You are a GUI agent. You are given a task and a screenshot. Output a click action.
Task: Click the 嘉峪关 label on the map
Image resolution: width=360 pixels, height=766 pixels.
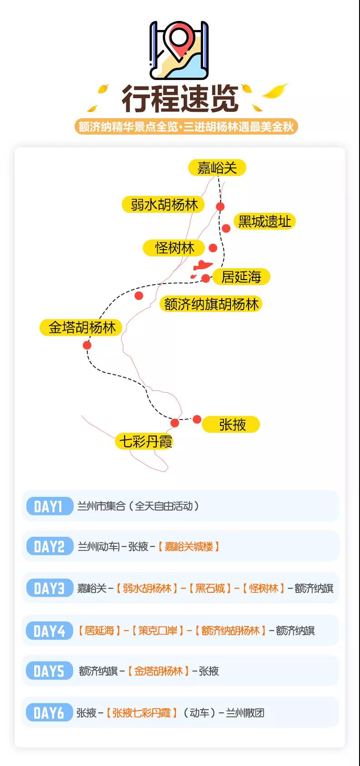click(217, 168)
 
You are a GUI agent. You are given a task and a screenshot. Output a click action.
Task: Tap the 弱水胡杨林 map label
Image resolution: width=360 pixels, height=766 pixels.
click(164, 205)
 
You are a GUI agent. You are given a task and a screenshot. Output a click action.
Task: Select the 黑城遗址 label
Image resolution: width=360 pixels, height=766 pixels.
click(265, 221)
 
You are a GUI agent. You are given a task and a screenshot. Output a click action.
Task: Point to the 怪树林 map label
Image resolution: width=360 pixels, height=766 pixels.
click(174, 248)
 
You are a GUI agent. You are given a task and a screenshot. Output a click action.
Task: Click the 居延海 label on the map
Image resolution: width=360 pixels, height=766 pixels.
click(241, 276)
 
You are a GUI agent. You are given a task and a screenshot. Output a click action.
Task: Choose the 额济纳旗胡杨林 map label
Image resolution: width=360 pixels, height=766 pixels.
click(211, 304)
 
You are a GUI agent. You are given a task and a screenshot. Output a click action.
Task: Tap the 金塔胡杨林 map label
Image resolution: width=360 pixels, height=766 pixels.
click(82, 327)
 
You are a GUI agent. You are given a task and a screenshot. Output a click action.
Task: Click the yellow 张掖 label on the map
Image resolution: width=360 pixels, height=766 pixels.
click(231, 425)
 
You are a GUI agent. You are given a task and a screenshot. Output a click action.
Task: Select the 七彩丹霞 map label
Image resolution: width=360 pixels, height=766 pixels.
click(145, 441)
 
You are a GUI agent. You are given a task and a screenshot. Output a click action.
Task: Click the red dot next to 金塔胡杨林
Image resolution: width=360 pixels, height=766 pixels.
click(87, 345)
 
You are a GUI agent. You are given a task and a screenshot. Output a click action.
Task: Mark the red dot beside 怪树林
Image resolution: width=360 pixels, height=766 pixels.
click(213, 248)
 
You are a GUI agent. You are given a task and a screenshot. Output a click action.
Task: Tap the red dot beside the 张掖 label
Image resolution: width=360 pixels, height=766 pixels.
click(197, 419)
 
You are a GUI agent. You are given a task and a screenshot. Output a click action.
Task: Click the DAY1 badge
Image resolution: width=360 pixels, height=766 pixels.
click(48, 506)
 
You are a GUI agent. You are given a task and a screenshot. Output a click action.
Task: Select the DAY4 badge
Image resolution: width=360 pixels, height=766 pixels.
click(48, 631)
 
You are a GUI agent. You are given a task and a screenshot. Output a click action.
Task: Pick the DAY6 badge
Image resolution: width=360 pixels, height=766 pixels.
click(48, 712)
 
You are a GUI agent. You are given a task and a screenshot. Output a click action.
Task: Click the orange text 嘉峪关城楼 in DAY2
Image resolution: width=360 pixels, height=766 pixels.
click(189, 546)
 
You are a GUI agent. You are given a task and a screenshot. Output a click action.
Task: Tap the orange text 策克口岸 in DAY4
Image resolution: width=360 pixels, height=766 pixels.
click(158, 631)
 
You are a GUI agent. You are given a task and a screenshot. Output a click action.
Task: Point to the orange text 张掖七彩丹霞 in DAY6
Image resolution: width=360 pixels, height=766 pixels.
click(141, 712)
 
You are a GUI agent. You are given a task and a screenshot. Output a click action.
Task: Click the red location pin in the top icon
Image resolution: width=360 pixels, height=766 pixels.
click(179, 39)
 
